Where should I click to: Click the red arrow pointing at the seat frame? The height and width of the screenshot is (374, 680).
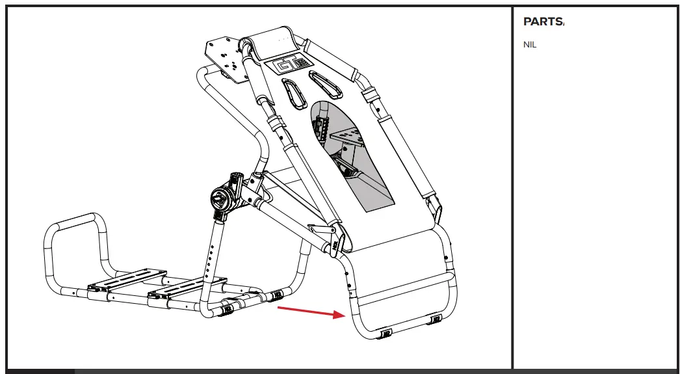310,312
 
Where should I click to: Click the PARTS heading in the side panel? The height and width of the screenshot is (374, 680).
543,21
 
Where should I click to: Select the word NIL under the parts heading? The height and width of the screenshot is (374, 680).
530,46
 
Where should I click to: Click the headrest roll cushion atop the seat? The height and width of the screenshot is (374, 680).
274,42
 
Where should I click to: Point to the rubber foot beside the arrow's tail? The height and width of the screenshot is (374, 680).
277,295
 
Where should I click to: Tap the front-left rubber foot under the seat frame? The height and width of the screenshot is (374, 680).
386,333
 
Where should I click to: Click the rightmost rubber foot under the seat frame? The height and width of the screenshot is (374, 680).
435,319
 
